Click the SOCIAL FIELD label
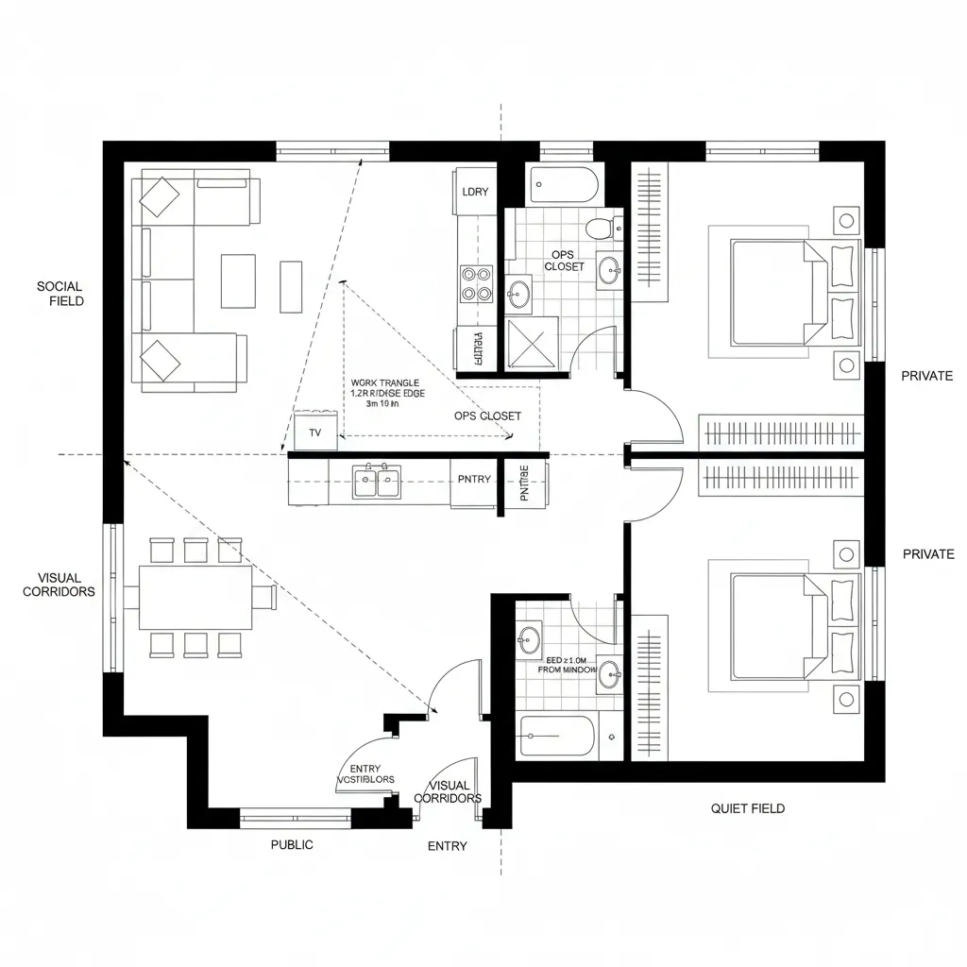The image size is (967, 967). (x=60, y=294)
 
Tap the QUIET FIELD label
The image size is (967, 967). (x=747, y=808)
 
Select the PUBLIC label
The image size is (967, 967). (x=292, y=845)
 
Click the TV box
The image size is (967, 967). (x=315, y=433)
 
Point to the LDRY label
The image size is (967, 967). (x=475, y=192)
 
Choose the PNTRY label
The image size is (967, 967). (x=474, y=480)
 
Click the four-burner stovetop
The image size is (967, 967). (x=477, y=282)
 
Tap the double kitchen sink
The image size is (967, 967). (x=377, y=483)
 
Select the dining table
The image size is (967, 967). (x=195, y=598)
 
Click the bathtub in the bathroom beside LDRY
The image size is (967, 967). (x=564, y=184)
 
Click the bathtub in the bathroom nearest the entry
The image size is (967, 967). (x=558, y=736)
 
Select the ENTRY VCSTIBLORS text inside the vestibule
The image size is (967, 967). (x=365, y=774)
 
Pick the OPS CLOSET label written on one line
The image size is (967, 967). (x=487, y=416)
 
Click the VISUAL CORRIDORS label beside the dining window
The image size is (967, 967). (x=59, y=585)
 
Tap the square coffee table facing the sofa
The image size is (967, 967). (x=238, y=280)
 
